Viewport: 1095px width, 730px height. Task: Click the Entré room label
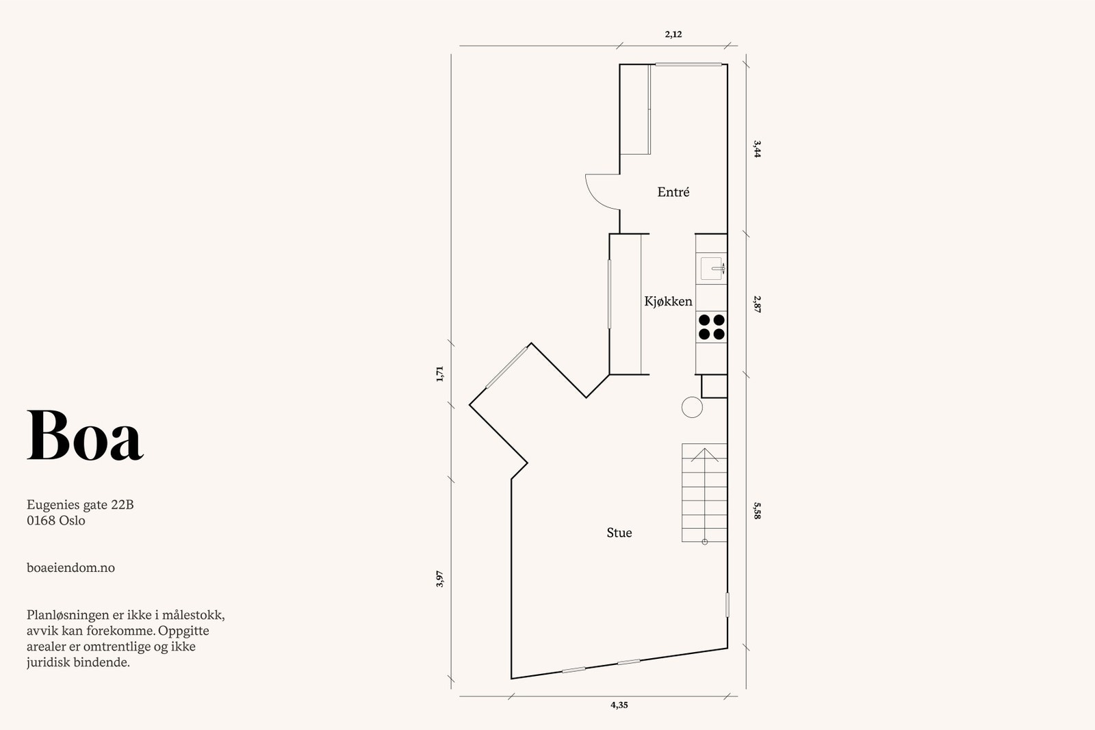(673, 192)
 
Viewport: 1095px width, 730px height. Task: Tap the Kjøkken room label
(668, 301)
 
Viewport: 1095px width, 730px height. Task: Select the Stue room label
(619, 533)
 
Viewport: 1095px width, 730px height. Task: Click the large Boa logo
(85, 436)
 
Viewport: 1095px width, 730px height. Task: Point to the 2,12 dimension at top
(673, 34)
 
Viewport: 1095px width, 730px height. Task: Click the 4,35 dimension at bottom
(619, 705)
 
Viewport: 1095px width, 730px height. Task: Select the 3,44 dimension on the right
(757, 148)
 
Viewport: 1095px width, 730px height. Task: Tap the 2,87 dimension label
(757, 304)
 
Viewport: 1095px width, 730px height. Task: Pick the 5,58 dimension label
(757, 510)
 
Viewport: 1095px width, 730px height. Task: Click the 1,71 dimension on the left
(440, 374)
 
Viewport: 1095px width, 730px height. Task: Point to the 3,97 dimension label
(440, 579)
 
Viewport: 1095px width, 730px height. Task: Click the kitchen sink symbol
(712, 268)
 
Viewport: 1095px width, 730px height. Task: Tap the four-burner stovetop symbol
(711, 327)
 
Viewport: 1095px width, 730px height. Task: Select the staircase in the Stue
(704, 493)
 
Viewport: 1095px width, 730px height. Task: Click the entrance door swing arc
(600, 192)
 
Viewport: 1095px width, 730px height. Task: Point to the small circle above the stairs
(692, 407)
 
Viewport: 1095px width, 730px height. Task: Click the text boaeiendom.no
(70, 568)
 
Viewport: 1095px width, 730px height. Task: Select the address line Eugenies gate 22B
(80, 505)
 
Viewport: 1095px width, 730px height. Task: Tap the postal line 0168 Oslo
(56, 521)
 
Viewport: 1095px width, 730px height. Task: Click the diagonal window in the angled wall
(506, 368)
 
